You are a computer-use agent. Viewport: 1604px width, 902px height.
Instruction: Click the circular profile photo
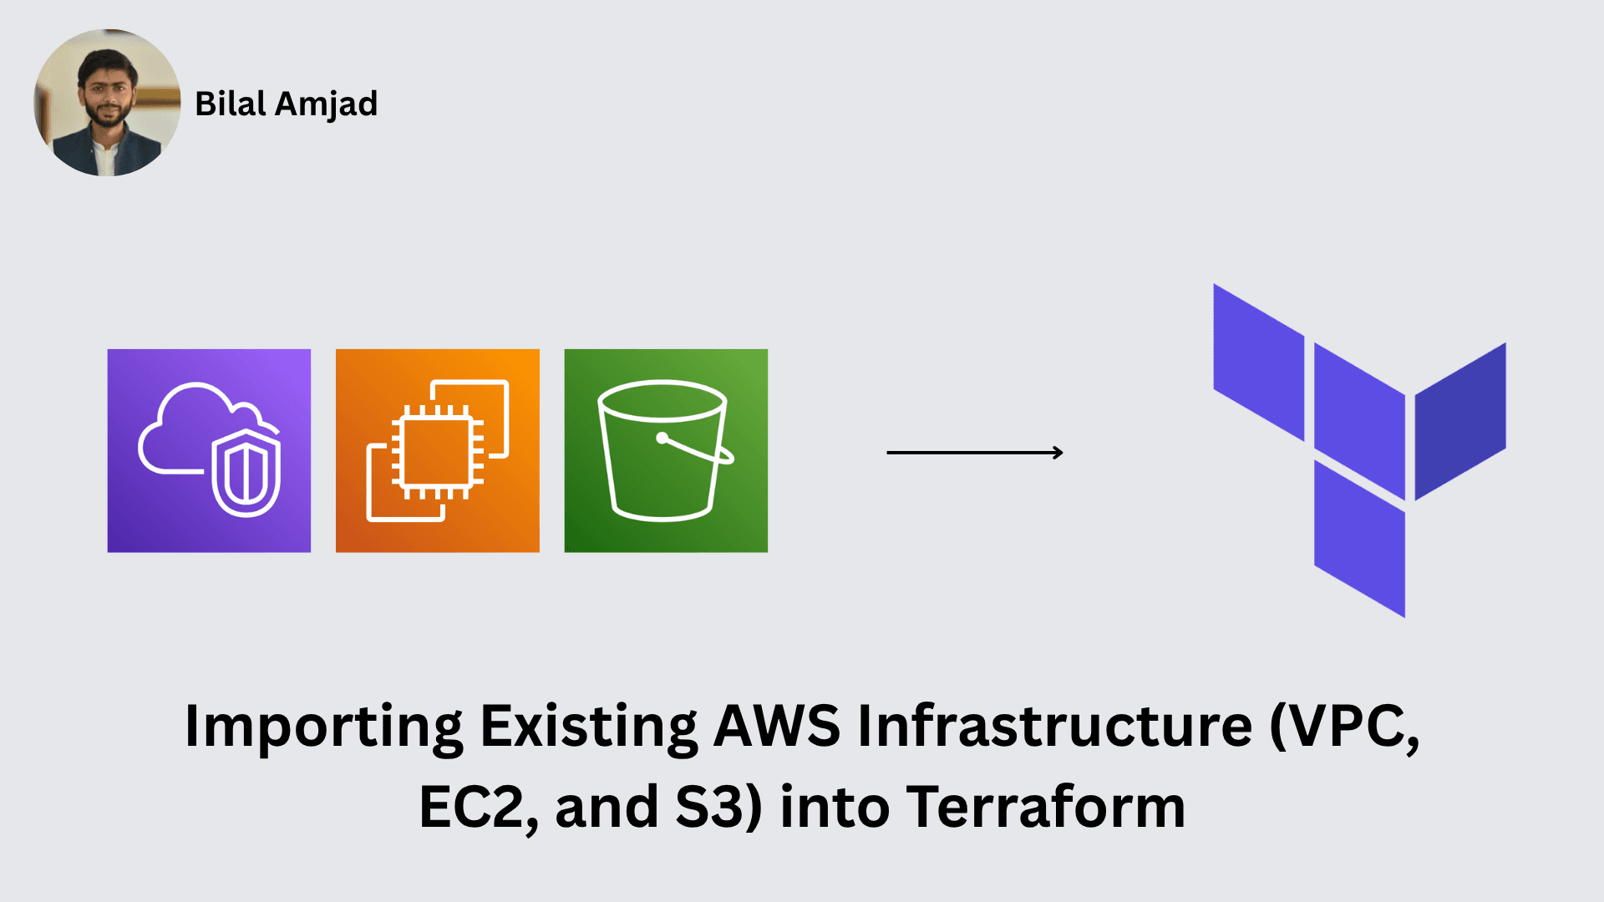click(107, 103)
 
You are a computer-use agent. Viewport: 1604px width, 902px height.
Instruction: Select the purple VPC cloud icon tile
click(209, 450)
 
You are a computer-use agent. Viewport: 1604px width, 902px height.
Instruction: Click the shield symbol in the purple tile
click(246, 474)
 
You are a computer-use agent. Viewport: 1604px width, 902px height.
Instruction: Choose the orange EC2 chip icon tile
click(437, 450)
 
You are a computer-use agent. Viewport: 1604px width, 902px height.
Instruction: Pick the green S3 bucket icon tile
click(666, 450)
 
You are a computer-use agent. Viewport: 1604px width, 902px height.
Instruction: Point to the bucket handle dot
click(662, 438)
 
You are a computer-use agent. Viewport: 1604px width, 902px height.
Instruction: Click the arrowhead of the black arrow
click(1058, 453)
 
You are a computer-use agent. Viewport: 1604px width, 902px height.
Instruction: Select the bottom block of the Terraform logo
click(1359, 539)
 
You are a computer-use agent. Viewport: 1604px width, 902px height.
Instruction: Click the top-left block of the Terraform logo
click(1258, 362)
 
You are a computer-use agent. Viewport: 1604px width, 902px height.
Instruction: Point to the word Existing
click(589, 725)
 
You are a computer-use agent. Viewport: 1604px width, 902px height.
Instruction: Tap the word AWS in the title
click(777, 725)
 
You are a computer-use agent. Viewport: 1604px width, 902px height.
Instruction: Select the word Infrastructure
click(1055, 725)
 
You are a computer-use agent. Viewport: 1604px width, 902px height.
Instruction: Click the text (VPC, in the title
click(1344, 727)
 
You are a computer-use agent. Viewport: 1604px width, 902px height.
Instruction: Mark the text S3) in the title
click(718, 808)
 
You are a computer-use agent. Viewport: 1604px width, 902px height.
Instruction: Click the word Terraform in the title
click(1046, 807)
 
